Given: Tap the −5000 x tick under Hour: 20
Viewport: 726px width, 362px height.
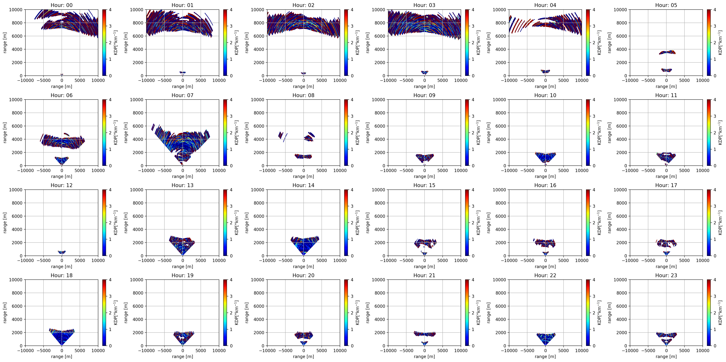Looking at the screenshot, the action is pyautogui.click(x=285, y=350).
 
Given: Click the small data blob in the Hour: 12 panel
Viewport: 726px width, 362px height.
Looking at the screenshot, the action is pyautogui.click(x=62, y=252).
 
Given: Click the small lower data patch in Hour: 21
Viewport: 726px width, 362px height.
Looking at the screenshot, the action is pyautogui.click(x=424, y=343).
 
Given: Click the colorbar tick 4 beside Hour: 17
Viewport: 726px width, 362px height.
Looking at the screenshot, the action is pyautogui.click(x=715, y=190).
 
